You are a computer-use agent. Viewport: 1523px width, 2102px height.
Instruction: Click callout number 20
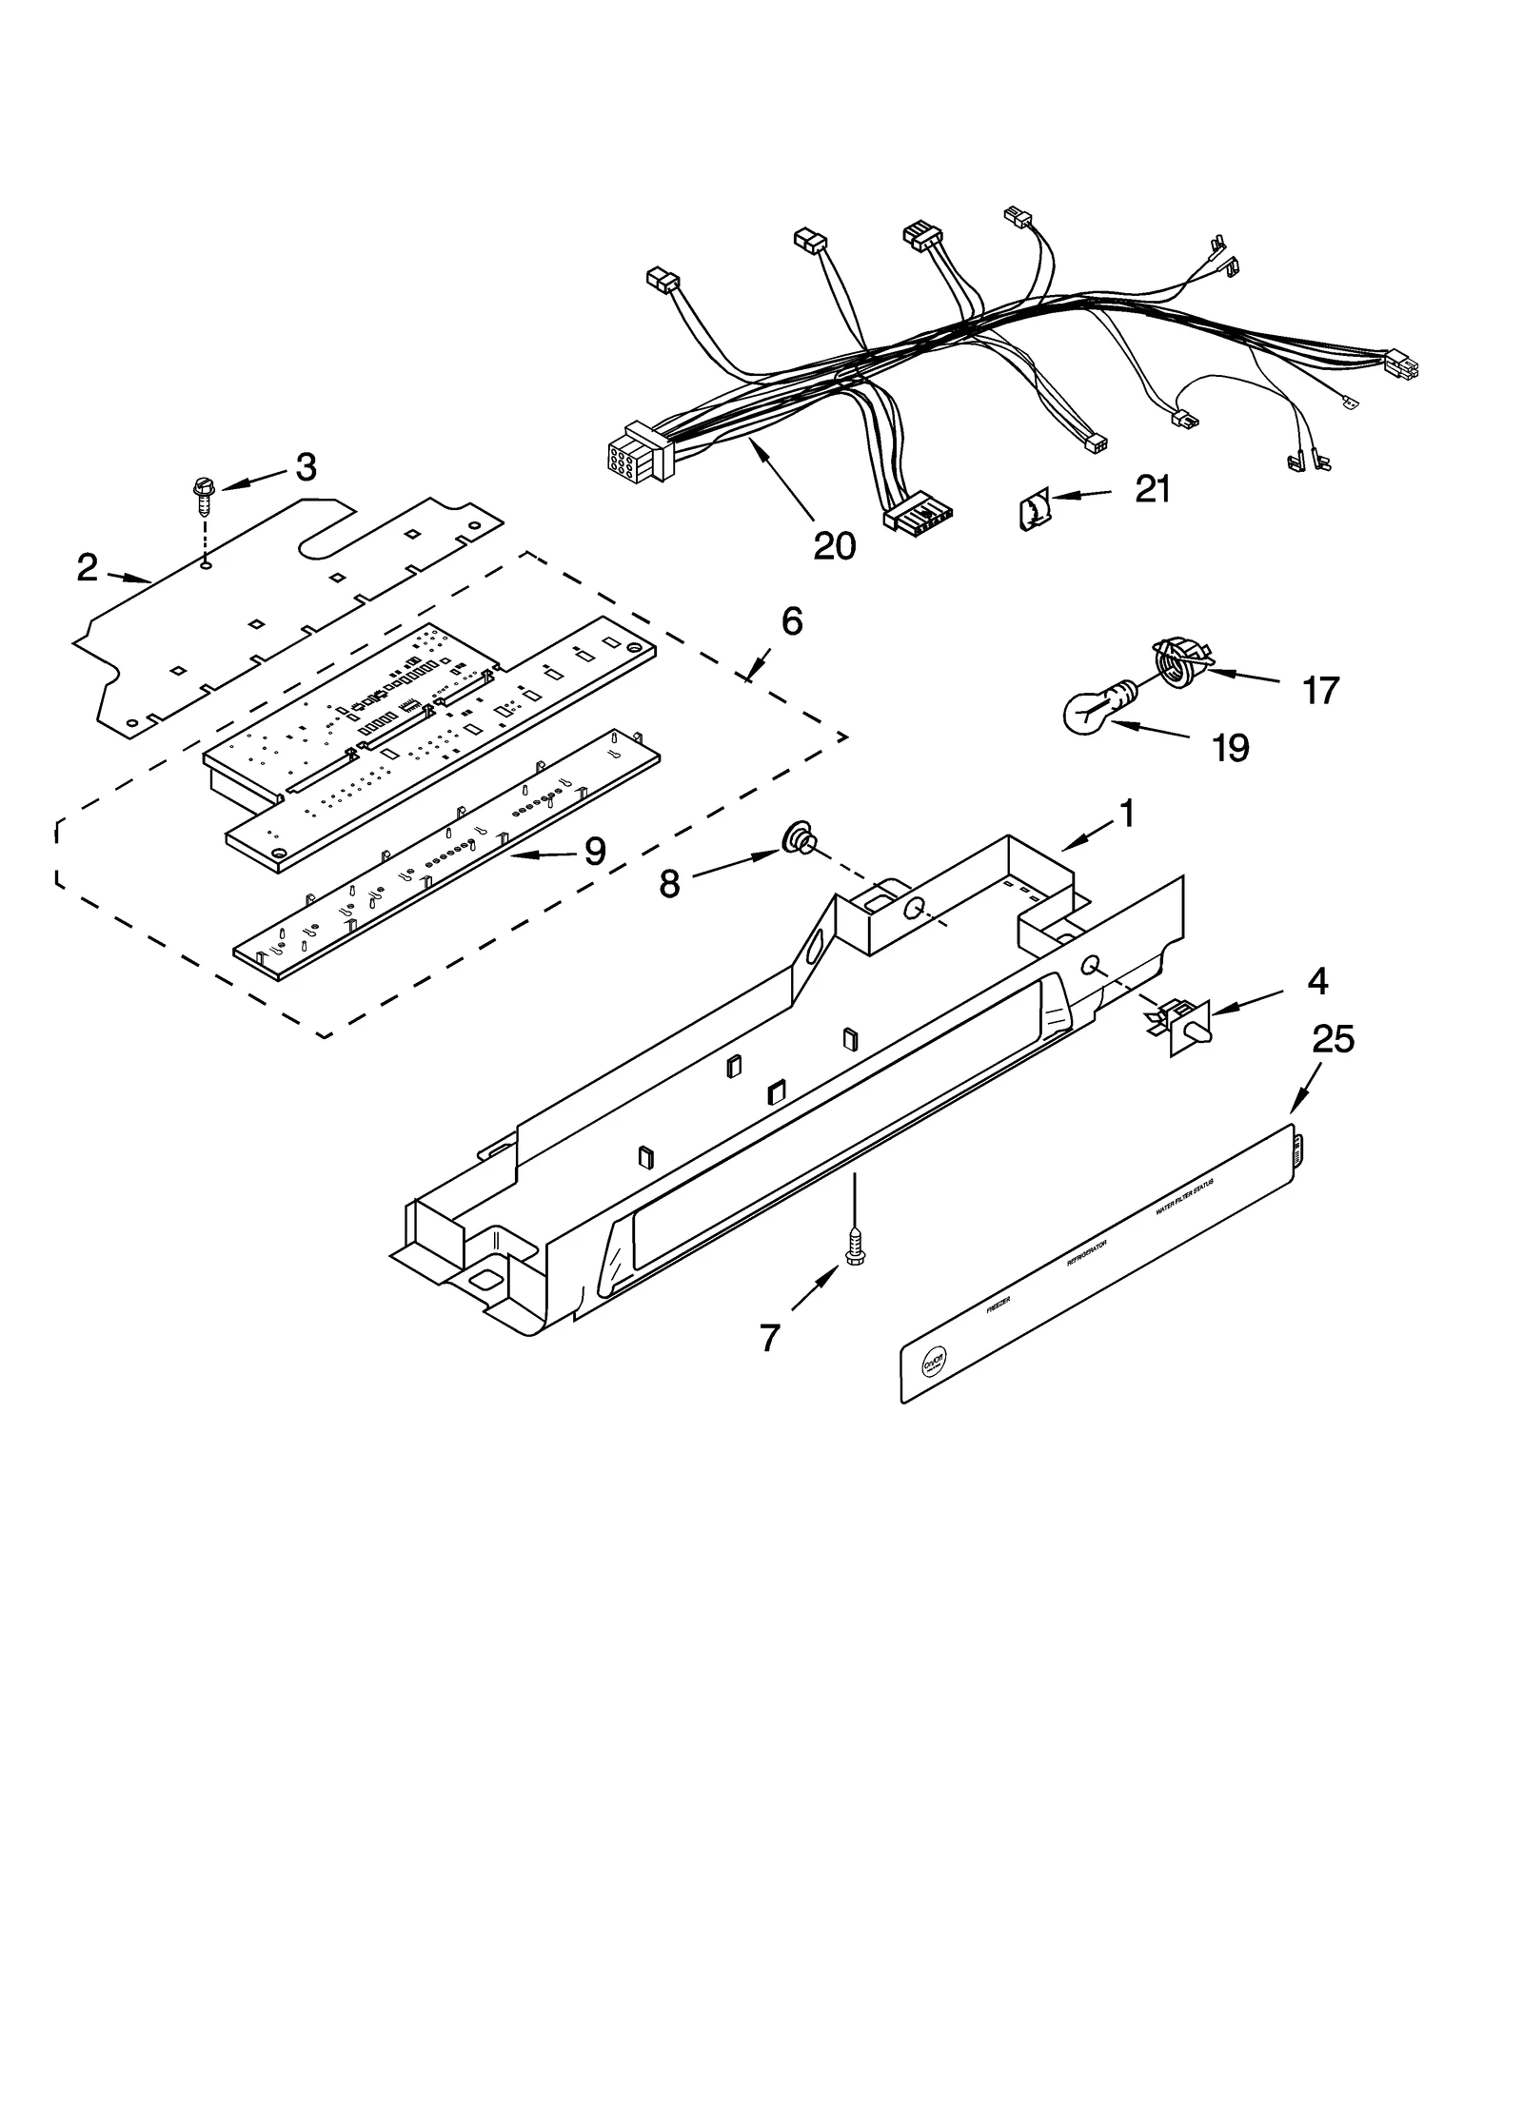tap(834, 545)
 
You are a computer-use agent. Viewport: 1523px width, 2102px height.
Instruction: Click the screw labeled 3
tap(203, 494)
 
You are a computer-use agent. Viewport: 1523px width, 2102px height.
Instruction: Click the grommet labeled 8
tap(798, 840)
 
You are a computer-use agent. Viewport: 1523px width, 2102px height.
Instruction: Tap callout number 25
tap(1333, 1039)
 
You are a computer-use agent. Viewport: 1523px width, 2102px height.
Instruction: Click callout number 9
tap(595, 851)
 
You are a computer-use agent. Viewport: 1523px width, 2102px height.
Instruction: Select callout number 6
tap(792, 621)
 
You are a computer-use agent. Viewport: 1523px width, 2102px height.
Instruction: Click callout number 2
tap(87, 568)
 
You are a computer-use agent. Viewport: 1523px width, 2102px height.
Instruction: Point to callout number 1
tap(1126, 814)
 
